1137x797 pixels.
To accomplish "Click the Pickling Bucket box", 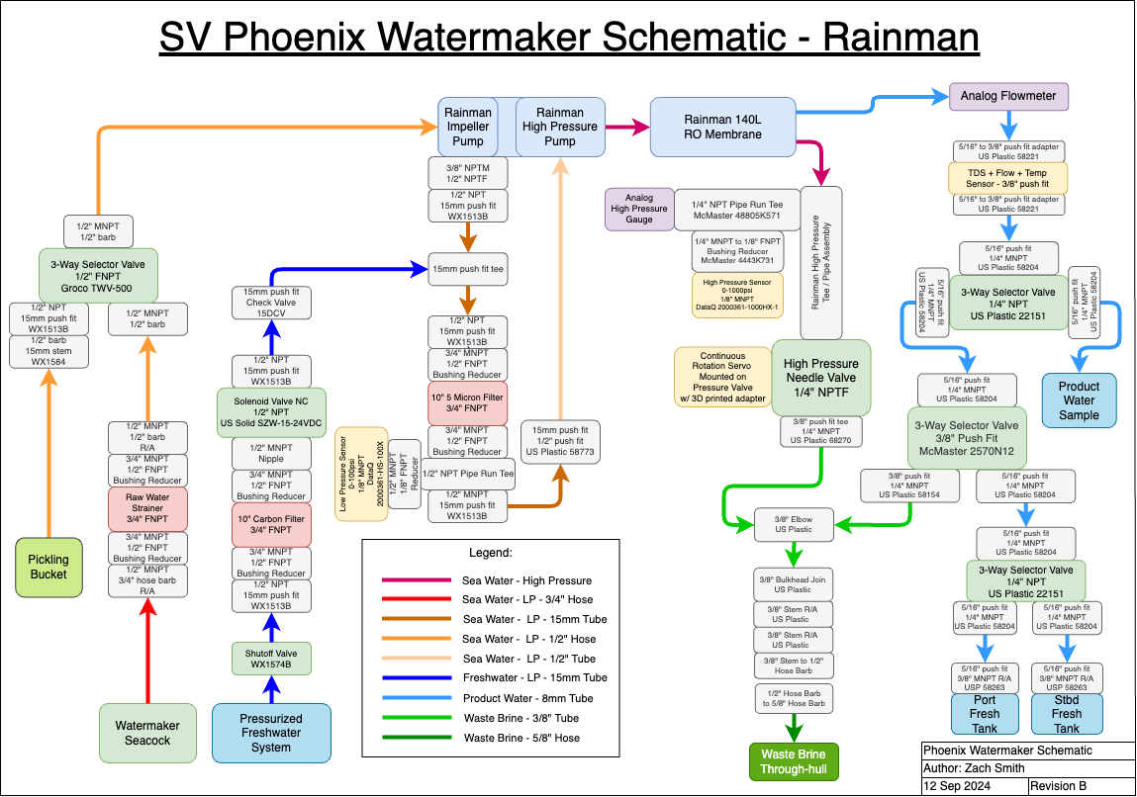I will [48, 567].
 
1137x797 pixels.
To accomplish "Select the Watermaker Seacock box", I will [147, 733].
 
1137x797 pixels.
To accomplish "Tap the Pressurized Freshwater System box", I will [271, 733].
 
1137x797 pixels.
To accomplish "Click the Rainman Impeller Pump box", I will [468, 127].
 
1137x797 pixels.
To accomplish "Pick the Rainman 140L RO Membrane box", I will [722, 127].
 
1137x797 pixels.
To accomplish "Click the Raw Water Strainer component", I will [147, 508].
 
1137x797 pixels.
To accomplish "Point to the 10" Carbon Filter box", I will [271, 525].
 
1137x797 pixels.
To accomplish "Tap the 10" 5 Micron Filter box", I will [467, 402].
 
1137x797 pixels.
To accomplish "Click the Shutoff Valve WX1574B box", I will [271, 659].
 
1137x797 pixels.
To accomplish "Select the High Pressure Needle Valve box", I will [821, 377].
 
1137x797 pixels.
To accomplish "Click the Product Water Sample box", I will [1079, 400].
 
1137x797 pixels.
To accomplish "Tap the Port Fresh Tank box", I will [985, 713].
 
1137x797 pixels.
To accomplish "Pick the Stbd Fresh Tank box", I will [1067, 713].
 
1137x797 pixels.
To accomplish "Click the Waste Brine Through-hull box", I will [793, 761].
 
